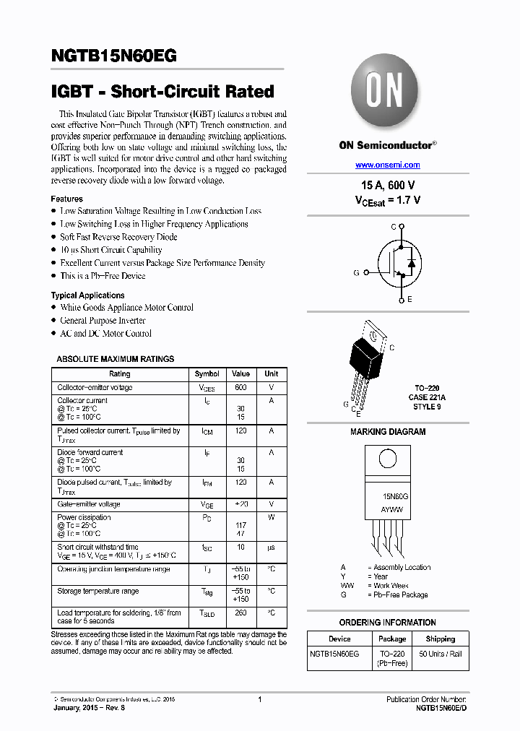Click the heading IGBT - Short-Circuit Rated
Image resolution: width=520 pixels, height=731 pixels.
pyautogui.click(x=162, y=92)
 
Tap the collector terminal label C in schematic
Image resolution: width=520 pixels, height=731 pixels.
pyautogui.click(x=394, y=227)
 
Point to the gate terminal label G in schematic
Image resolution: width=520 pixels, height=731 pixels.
pyautogui.click(x=356, y=272)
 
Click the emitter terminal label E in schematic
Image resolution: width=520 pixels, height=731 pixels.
pyautogui.click(x=409, y=299)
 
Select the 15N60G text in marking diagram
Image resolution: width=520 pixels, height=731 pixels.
pyautogui.click(x=395, y=497)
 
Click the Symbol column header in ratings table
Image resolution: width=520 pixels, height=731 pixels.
pyautogui.click(x=207, y=373)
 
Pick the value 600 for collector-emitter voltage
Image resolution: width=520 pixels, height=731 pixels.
pyautogui.click(x=240, y=388)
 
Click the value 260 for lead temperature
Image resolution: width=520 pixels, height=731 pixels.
pyautogui.click(x=240, y=613)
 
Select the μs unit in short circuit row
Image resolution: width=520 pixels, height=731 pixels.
pyautogui.click(x=272, y=548)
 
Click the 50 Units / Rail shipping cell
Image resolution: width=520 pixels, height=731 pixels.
pyautogui.click(x=440, y=654)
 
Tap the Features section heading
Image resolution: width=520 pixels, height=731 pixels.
pyautogui.click(x=66, y=199)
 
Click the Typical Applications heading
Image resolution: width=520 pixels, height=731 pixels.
pyautogui.click(x=87, y=295)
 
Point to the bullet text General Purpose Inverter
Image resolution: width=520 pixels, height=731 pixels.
pyautogui.click(x=103, y=321)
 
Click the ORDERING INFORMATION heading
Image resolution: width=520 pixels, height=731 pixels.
pyautogui.click(x=387, y=622)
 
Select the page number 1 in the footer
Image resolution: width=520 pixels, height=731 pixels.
pyautogui.click(x=259, y=699)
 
